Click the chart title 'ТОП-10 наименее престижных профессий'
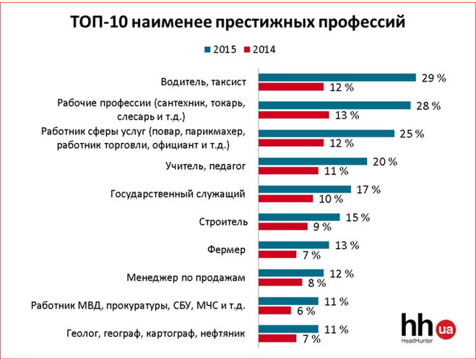click(238, 22)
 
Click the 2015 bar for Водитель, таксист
click(337, 77)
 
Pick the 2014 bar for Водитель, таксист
click(291, 87)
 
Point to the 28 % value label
click(428, 106)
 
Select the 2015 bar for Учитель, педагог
click(313, 161)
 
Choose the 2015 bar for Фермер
click(294, 245)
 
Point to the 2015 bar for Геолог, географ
click(288, 329)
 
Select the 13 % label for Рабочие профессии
click(346, 116)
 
